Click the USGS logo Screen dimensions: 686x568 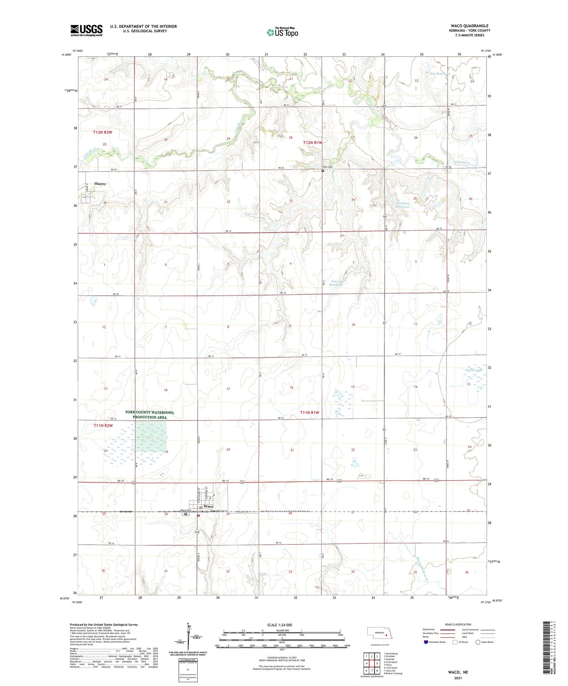tap(86, 30)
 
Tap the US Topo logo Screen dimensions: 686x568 tap(282, 32)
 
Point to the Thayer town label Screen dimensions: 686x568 tap(100, 184)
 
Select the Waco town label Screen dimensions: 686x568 tap(209, 506)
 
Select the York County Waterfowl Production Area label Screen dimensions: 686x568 tap(150, 414)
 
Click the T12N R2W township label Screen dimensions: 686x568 tap(103, 132)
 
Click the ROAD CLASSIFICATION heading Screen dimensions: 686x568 tap(458, 624)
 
